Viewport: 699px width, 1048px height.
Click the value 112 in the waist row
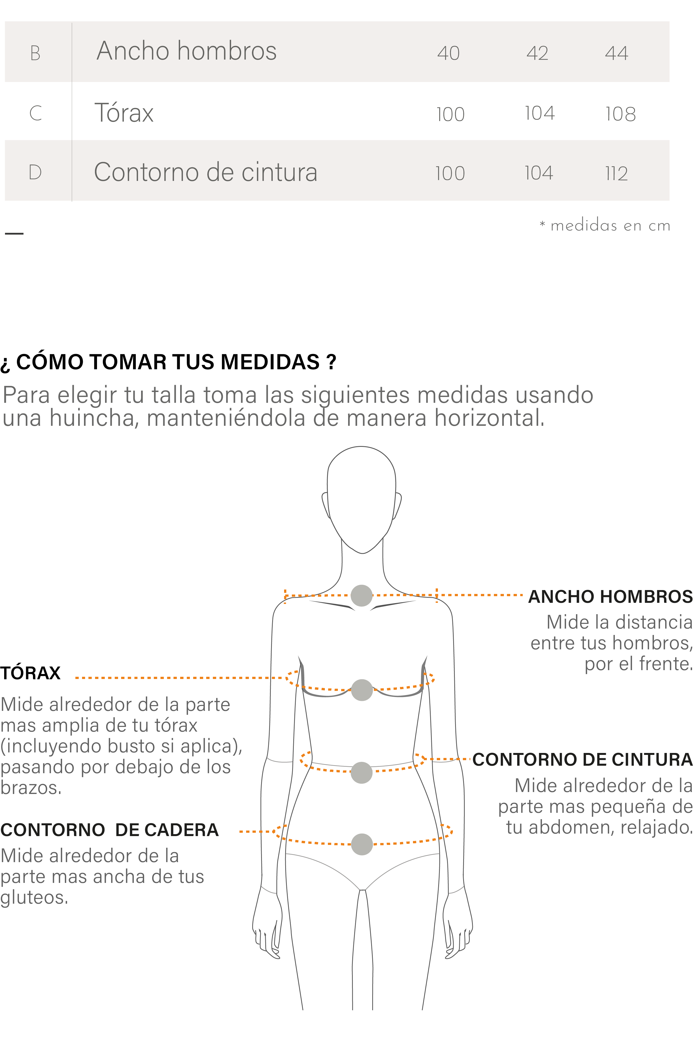click(616, 173)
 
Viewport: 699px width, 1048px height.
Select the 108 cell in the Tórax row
click(620, 114)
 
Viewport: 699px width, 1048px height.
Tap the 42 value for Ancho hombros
click(537, 53)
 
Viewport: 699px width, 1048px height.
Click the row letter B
click(35, 53)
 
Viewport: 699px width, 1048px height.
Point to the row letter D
click(35, 172)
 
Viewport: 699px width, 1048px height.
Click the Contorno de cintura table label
click(205, 172)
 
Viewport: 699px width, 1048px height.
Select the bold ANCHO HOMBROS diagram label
click(610, 597)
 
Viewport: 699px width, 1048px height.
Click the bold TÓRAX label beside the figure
click(30, 673)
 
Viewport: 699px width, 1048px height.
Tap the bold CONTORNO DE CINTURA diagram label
click(583, 759)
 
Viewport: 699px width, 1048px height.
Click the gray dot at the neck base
click(361, 596)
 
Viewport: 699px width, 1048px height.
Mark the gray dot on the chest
click(362, 690)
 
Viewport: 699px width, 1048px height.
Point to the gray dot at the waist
click(361, 773)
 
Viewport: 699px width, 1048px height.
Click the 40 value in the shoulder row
click(448, 53)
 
